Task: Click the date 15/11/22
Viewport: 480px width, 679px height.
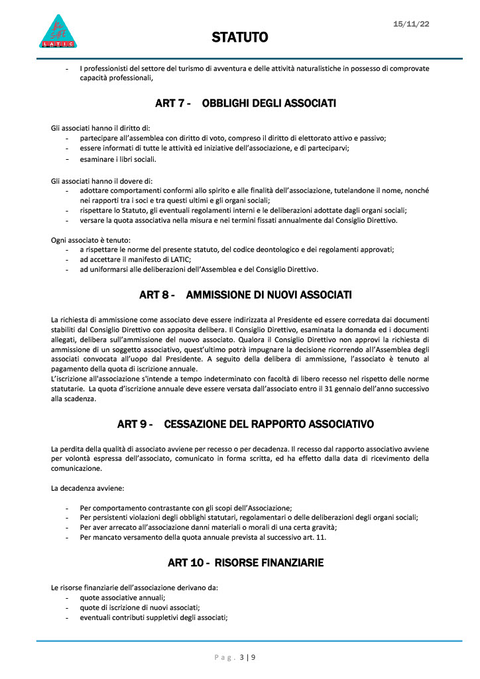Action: coord(411,24)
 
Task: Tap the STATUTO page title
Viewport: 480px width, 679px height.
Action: coord(240,37)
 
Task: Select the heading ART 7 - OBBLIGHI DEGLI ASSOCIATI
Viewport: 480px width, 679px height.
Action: coord(245,103)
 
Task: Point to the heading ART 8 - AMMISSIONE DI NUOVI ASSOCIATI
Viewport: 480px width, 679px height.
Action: coord(245,294)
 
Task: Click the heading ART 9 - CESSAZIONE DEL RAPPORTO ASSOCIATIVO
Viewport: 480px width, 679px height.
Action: coord(245,424)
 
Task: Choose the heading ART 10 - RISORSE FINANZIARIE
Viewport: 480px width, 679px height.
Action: coord(245,563)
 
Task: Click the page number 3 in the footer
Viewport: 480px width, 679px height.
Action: coord(242,657)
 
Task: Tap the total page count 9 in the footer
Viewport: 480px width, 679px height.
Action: coord(253,657)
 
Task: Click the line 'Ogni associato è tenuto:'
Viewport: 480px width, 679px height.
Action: coord(91,239)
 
